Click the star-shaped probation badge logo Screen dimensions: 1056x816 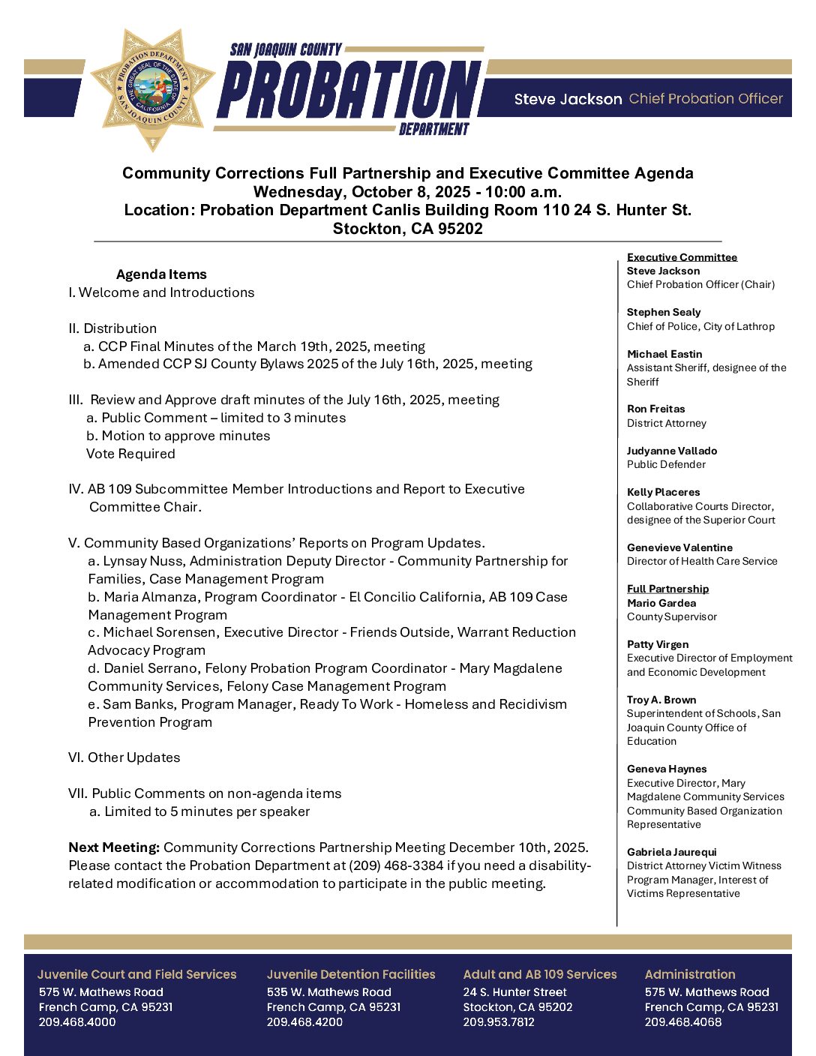click(x=153, y=88)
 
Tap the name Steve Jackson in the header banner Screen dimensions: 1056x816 click(x=568, y=99)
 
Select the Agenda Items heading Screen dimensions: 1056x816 click(x=161, y=274)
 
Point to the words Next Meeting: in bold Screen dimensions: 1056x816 click(x=114, y=847)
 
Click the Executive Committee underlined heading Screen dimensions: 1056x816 click(x=682, y=257)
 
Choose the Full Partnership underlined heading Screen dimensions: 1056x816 click(x=667, y=589)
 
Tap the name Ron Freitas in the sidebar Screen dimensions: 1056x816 click(x=655, y=409)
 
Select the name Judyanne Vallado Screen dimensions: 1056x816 click(x=671, y=451)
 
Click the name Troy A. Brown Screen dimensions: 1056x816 click(x=661, y=700)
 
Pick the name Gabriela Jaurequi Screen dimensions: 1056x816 click(x=671, y=852)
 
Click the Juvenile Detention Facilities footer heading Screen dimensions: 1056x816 click(x=350, y=974)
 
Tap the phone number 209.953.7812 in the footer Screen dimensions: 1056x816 click(x=499, y=1021)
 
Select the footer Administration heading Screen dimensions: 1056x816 click(x=689, y=974)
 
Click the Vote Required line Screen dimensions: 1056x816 click(x=130, y=454)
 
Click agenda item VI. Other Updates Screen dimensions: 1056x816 click(x=124, y=757)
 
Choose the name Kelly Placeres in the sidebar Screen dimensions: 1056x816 click(x=663, y=492)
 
